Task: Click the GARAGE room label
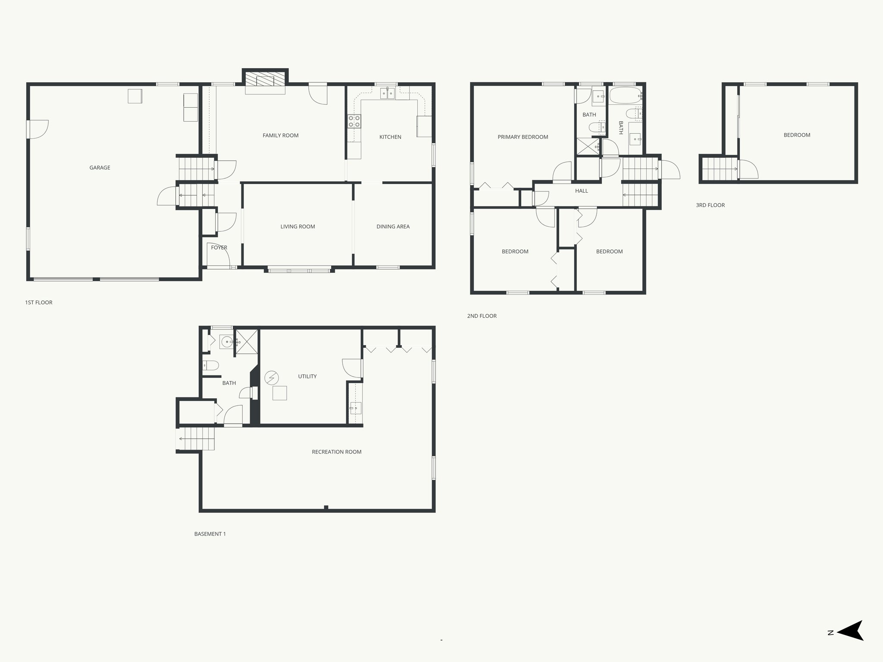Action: point(100,168)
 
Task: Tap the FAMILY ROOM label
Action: point(280,135)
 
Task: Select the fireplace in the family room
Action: point(265,81)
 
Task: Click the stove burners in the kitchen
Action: point(354,122)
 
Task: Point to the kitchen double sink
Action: point(387,94)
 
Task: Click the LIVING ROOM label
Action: point(297,227)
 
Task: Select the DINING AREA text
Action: point(393,227)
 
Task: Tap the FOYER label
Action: point(219,248)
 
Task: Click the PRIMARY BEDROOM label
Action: point(523,137)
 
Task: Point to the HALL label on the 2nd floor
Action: point(581,191)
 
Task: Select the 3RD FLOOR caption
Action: point(710,205)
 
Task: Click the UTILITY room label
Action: point(307,377)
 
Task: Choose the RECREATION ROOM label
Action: point(336,452)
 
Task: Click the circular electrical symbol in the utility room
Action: point(272,378)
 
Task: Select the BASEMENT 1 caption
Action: point(210,534)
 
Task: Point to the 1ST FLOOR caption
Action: point(39,303)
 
